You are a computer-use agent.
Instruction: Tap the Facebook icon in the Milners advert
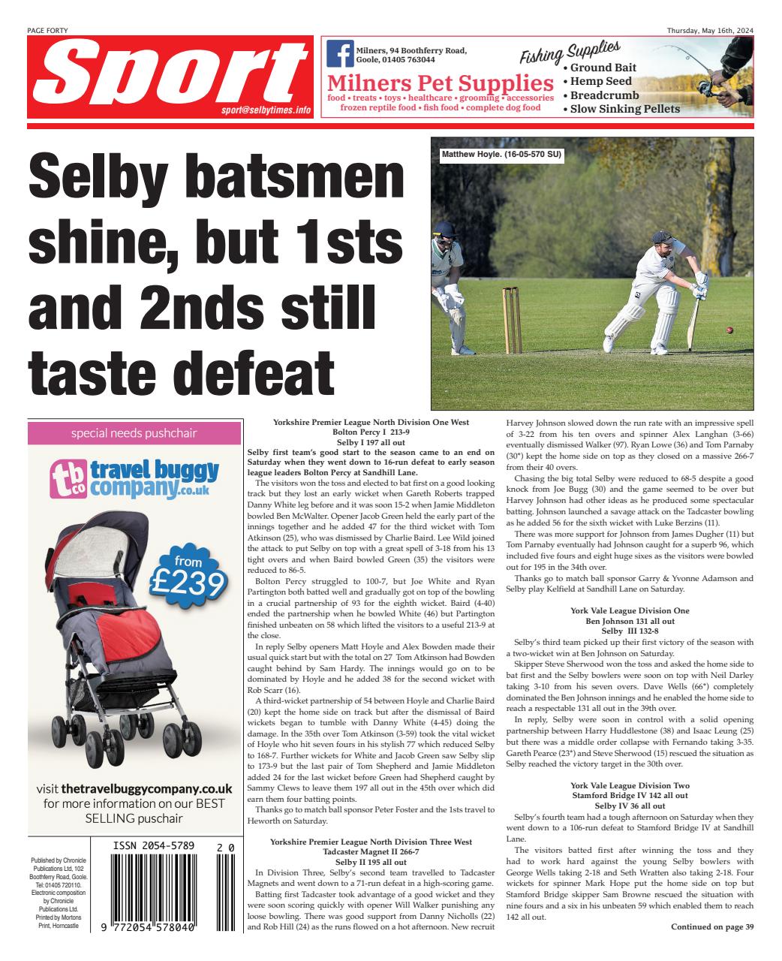(340, 54)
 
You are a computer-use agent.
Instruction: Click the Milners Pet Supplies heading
(441, 83)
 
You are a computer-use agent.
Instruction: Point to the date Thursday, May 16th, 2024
(710, 30)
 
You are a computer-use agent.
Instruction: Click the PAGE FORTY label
(47, 30)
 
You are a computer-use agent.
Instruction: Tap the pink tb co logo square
(69, 480)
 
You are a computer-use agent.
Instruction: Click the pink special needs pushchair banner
(134, 433)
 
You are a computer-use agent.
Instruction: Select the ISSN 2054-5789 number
(155, 846)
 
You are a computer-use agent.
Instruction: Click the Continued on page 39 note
(711, 927)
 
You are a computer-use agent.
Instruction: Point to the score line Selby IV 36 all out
(630, 806)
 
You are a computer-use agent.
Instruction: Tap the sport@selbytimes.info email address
(266, 110)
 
